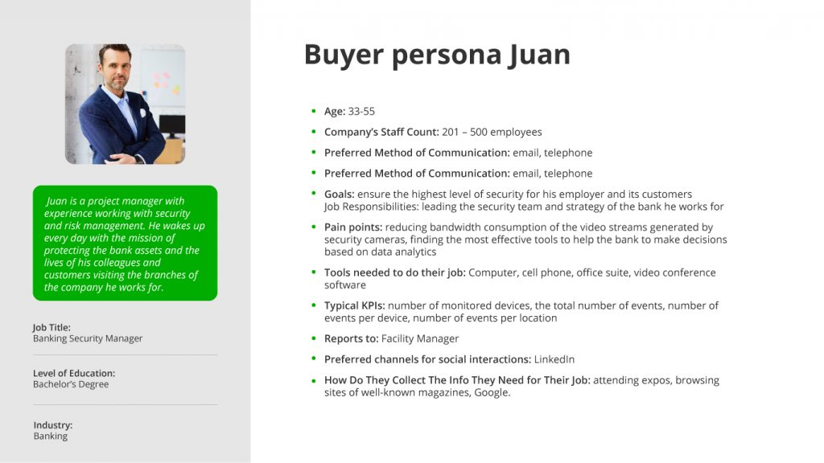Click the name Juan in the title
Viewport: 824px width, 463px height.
click(x=538, y=55)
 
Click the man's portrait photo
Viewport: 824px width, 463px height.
click(x=125, y=104)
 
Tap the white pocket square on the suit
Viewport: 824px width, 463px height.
click(x=142, y=113)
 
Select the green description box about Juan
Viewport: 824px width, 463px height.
click(x=125, y=243)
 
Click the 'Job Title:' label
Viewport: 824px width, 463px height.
click(x=51, y=328)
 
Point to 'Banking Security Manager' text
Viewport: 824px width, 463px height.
click(x=88, y=338)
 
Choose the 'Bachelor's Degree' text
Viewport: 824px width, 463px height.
click(x=71, y=384)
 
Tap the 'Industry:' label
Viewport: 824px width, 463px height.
click(x=53, y=425)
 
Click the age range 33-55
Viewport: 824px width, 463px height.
click(x=361, y=111)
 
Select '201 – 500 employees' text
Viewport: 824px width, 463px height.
click(x=492, y=133)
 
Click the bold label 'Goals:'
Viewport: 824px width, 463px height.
click(x=340, y=195)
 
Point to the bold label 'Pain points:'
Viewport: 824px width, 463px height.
click(x=353, y=227)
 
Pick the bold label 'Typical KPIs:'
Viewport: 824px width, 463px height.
click(x=355, y=305)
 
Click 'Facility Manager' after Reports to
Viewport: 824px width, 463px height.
click(x=420, y=338)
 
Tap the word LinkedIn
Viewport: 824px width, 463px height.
click(x=554, y=359)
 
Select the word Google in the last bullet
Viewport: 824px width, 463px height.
click(x=492, y=392)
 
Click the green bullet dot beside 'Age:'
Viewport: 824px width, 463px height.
click(x=314, y=111)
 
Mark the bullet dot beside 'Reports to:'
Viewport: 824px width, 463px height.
click(x=314, y=338)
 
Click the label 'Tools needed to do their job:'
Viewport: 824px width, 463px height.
click(x=394, y=272)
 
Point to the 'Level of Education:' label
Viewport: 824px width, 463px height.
click(x=74, y=373)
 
